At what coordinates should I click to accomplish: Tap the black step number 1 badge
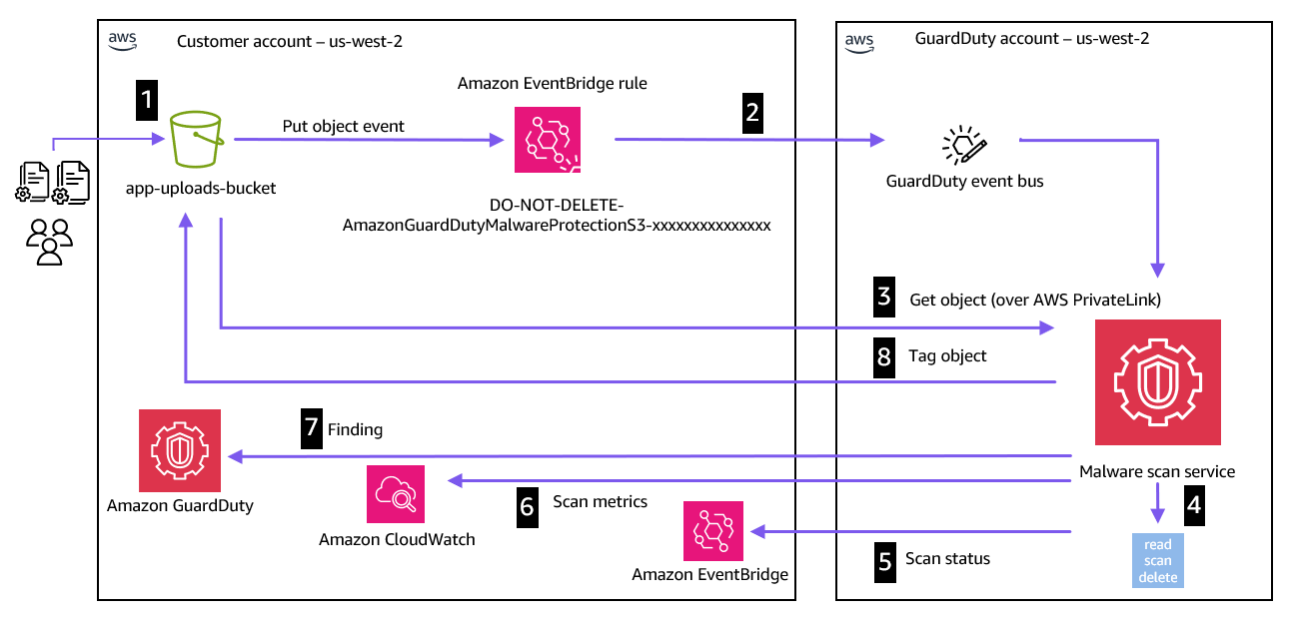coord(148,99)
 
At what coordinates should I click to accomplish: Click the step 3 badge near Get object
coord(884,299)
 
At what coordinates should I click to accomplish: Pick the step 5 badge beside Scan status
coord(884,559)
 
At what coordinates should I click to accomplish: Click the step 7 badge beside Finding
coord(311,429)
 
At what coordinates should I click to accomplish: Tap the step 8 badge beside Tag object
coord(884,356)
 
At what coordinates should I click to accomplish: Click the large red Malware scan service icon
coord(1157,382)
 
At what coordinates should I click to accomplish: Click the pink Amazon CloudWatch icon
coord(397,493)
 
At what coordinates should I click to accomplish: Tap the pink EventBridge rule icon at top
coord(547,141)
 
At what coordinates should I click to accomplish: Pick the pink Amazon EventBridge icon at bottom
coord(713,531)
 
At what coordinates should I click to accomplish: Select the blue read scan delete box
coord(1158,560)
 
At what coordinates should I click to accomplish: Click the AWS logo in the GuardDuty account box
coord(859,41)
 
